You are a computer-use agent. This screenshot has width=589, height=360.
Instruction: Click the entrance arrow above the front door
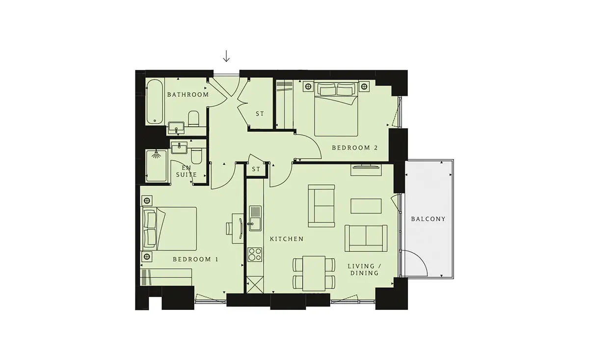click(226, 56)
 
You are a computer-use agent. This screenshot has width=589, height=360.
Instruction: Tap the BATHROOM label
click(188, 95)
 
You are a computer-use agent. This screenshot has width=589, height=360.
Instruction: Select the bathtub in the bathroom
click(155, 102)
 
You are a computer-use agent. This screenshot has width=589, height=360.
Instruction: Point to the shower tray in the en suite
click(157, 166)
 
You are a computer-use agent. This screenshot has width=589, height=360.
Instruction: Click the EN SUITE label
click(187, 171)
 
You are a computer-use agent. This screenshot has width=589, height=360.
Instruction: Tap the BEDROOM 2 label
click(355, 148)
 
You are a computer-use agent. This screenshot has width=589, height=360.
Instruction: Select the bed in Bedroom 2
click(336, 109)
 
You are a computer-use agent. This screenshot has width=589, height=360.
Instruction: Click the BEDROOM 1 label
click(195, 259)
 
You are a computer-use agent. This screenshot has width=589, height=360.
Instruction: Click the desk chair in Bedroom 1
click(229, 228)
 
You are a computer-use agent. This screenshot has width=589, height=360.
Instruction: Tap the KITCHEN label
click(287, 239)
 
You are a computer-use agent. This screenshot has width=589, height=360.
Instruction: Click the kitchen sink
click(255, 219)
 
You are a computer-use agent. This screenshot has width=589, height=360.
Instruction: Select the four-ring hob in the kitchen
click(255, 254)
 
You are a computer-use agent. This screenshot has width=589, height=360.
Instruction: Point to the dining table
click(314, 274)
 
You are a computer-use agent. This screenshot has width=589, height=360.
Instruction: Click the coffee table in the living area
click(366, 206)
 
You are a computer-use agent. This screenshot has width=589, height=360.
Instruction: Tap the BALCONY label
click(428, 219)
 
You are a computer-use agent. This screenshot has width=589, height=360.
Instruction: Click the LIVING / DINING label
click(364, 270)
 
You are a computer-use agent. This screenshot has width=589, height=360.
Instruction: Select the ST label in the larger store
click(260, 114)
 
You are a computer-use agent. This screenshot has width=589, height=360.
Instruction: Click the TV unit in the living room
click(366, 170)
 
